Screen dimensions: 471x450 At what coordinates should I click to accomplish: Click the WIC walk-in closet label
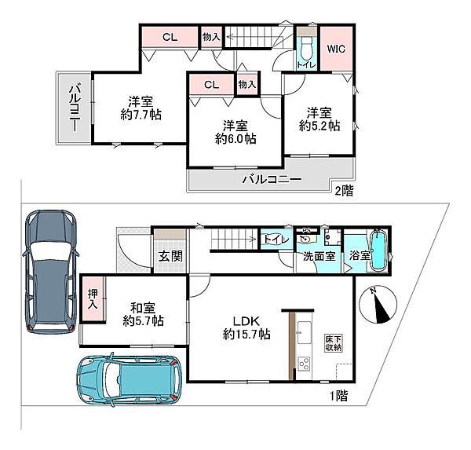pos(336,49)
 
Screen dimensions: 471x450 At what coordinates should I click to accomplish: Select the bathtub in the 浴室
pos(378,251)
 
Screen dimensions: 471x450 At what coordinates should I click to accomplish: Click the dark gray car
pos(51,272)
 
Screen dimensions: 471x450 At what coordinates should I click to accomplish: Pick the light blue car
pos(130,379)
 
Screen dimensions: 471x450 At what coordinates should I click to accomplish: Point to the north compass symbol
pos(378,304)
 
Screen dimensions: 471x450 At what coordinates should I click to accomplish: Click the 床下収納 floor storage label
pos(333,343)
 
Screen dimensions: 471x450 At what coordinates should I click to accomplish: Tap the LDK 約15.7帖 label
pos(246,327)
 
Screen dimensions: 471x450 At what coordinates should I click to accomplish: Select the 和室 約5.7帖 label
pos(144,314)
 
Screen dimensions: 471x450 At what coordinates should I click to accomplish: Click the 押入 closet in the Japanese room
pos(93,298)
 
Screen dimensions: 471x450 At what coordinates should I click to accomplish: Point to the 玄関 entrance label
pos(170,256)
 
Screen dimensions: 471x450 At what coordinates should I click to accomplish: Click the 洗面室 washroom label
pos(319,256)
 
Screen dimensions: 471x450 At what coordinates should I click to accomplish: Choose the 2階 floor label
pos(345,190)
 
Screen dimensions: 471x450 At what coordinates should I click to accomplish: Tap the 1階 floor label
pos(339,396)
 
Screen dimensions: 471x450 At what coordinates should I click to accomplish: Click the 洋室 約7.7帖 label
pos(141,108)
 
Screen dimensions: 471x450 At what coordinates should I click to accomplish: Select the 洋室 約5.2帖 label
pos(319,119)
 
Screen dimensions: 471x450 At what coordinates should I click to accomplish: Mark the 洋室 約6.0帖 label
pos(235,132)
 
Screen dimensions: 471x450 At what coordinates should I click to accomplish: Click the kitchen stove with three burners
pos(305,364)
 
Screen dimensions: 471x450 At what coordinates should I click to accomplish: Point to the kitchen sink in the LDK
pos(305,332)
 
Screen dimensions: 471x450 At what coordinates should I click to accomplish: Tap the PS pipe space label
pos(306,231)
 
